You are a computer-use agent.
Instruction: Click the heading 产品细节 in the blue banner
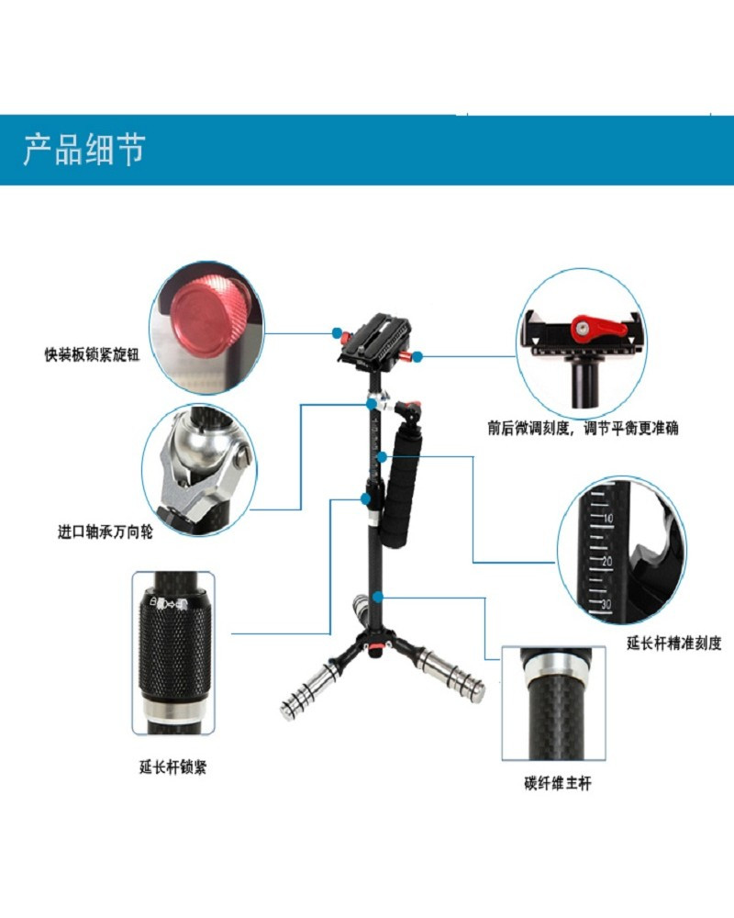coord(83,150)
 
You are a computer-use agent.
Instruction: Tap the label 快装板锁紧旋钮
coord(93,354)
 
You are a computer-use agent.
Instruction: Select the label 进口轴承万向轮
coord(105,532)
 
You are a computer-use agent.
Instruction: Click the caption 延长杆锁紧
coord(172,767)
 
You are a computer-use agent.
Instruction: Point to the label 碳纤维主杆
coord(558,783)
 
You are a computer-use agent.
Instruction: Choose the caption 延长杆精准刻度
coord(674,643)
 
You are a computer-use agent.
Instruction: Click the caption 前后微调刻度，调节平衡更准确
coord(583,428)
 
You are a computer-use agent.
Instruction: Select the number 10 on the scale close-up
coord(607,518)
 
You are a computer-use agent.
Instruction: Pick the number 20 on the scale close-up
coord(607,561)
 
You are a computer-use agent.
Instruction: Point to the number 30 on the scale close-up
coord(606,604)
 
